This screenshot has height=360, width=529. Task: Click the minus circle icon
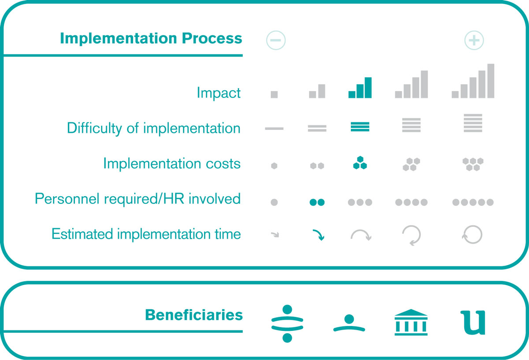coord(276,40)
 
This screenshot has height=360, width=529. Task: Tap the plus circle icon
coord(474,40)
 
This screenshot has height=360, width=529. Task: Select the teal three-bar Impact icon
coord(360,88)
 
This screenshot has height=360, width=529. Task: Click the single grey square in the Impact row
coord(274,94)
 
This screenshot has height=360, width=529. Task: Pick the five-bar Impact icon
coord(473,81)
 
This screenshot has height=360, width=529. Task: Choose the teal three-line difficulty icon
coord(360,127)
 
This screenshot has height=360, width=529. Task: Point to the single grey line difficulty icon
coord(274,128)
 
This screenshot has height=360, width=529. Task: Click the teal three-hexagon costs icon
coord(360,163)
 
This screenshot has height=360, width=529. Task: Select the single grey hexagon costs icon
coord(274,166)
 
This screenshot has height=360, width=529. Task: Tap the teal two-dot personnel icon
coord(317,202)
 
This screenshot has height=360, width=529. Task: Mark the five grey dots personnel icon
coord(473,202)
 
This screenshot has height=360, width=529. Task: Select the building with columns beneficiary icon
coord(411,322)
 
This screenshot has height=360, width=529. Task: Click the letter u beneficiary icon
coord(473,322)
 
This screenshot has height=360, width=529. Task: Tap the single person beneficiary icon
coord(349,323)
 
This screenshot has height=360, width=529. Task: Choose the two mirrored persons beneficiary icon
coord(287,323)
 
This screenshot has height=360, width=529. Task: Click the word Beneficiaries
coord(194,315)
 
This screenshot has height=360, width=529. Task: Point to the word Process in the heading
coord(212,38)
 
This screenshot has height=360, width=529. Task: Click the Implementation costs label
coord(172,164)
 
